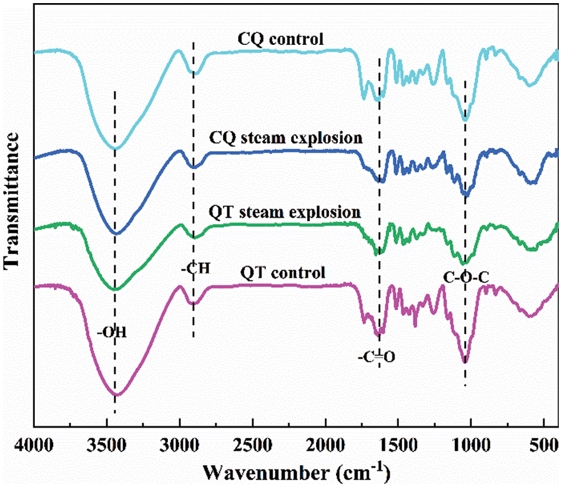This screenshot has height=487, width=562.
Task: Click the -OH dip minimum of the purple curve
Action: point(116,395)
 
